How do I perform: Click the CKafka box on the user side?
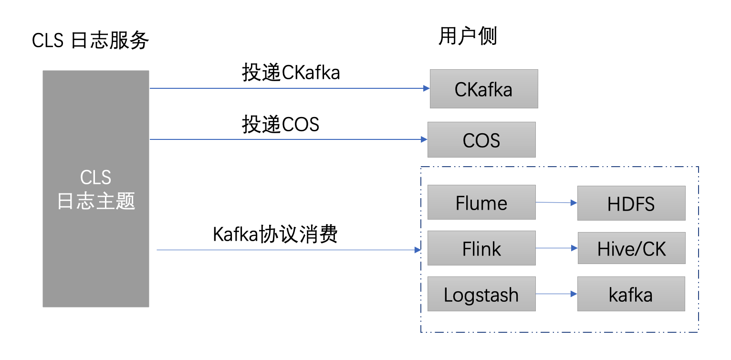(x=483, y=89)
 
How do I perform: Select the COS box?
(x=481, y=139)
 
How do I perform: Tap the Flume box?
(x=481, y=202)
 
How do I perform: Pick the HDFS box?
(x=631, y=203)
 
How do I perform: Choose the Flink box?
(x=481, y=248)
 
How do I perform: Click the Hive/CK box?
(x=631, y=248)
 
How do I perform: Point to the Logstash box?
(x=481, y=294)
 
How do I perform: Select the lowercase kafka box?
(x=631, y=294)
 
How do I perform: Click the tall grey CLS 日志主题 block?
(x=96, y=189)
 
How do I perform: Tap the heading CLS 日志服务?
(x=91, y=41)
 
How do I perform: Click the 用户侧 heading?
(x=468, y=36)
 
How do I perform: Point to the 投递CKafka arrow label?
(x=291, y=73)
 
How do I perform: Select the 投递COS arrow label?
(x=281, y=125)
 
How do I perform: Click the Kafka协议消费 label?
(x=275, y=235)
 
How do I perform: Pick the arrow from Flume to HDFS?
(x=556, y=202)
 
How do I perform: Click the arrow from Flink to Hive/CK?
(x=556, y=248)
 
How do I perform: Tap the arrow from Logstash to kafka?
(x=556, y=294)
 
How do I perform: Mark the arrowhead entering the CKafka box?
(x=426, y=88)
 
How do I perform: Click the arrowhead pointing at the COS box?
(x=424, y=139)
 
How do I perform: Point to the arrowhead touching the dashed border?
(x=418, y=250)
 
